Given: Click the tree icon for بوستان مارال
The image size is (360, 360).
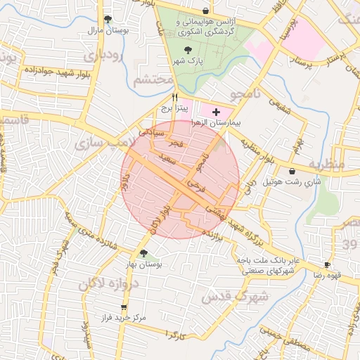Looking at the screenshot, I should click(x=107, y=20).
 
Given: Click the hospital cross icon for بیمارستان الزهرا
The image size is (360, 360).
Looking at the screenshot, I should click(x=215, y=112).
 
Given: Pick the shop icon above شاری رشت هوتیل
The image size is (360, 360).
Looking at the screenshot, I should click(x=292, y=171).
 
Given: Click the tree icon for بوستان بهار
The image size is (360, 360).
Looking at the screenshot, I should click(x=144, y=253).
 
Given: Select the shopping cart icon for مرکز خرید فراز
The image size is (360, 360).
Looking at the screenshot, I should click(x=124, y=307).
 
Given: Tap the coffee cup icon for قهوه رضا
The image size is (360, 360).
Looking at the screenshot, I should click(x=327, y=264).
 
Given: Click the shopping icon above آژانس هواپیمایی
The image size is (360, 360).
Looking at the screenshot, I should click(x=205, y=11).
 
